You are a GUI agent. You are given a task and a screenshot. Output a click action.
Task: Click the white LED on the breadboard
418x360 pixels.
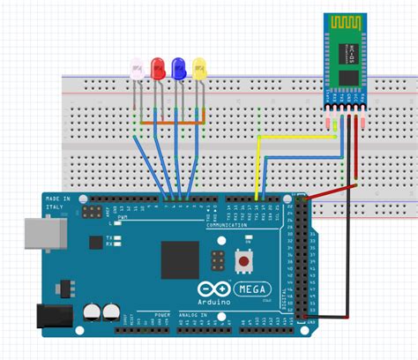[137, 68]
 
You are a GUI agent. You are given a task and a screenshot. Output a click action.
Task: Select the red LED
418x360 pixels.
[159, 67]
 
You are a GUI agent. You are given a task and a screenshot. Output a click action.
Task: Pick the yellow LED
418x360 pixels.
[200, 67]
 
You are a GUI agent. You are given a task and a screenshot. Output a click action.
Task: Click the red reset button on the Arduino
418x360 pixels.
[243, 262]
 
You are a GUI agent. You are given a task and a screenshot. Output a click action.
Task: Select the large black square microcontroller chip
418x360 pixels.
[180, 259]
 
